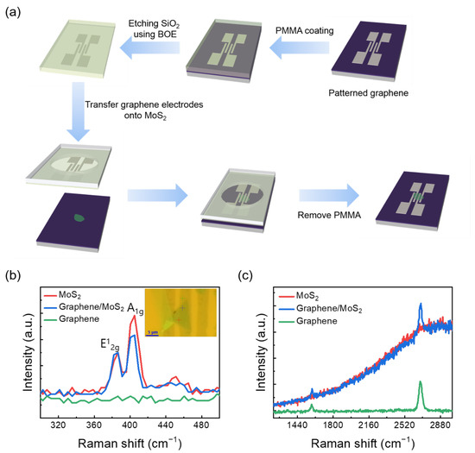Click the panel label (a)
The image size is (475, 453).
tap(14, 12)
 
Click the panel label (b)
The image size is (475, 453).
tap(14, 281)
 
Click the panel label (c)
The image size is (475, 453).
tap(247, 281)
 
